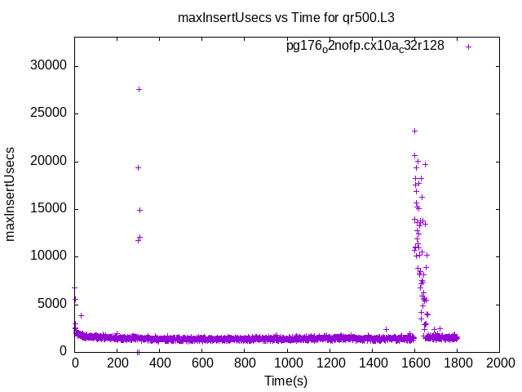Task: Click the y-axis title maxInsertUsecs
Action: click(11, 194)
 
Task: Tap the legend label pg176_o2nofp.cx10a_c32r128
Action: click(365, 46)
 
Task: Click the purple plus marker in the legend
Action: click(468, 47)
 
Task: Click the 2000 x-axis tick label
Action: click(499, 362)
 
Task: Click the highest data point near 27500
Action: click(139, 89)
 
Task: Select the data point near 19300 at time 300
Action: click(138, 167)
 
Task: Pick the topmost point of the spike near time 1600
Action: click(414, 131)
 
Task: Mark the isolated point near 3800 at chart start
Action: click(81, 315)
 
